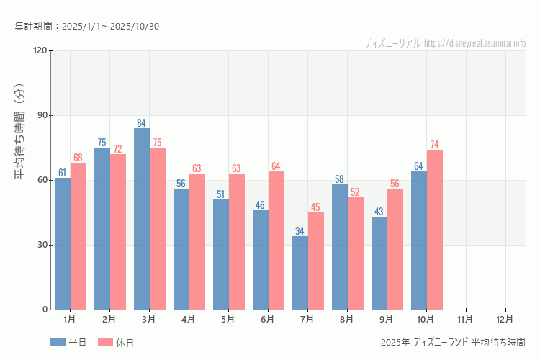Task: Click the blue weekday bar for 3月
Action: point(142,219)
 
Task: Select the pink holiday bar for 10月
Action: point(435,230)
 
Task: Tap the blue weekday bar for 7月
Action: point(300,273)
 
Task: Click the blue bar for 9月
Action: point(379,263)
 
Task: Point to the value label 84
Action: point(142,123)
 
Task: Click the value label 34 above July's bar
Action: point(300,231)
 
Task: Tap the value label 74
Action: point(435,145)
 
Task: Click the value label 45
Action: point(316,207)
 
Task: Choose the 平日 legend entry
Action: point(68,343)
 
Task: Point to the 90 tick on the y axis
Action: point(41,115)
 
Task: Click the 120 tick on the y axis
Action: point(39,50)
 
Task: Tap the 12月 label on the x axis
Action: point(505,318)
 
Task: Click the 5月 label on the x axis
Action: point(228,318)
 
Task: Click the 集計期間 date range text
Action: point(87,27)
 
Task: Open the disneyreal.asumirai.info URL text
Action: point(474,43)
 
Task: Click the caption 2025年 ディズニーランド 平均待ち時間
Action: point(454,342)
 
